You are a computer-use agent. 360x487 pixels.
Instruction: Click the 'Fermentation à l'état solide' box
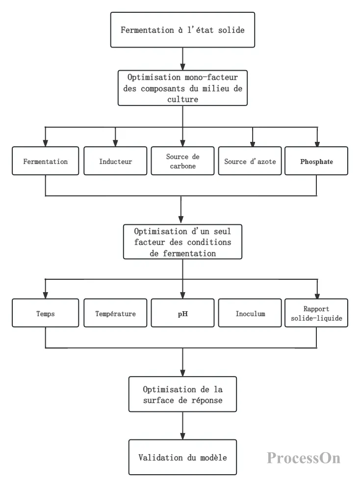pos(182,30)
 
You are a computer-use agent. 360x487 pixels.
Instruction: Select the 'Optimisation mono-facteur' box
pos(182,88)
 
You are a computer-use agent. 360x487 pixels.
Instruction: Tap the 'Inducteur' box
pos(115,161)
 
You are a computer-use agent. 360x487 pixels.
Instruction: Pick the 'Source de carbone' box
pos(182,161)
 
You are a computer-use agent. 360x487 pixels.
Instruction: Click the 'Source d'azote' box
pos(250,161)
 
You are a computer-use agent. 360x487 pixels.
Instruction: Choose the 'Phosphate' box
pos(316,161)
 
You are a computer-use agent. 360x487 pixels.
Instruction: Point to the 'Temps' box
pos(45,313)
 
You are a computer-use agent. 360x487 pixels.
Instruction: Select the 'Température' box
pos(115,313)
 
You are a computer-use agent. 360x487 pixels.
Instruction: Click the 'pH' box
pos(182,313)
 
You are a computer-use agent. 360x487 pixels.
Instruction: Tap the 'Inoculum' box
pos(250,313)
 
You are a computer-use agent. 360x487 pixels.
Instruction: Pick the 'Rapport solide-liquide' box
pos(316,313)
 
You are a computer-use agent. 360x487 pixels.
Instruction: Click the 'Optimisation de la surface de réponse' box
pos(182,394)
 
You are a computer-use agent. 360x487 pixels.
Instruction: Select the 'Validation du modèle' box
pos(182,457)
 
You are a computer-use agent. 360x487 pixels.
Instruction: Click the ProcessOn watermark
pos(304,458)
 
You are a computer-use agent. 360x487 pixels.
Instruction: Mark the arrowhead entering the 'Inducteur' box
pos(115,143)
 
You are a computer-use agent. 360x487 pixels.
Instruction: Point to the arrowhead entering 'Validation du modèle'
pos(182,436)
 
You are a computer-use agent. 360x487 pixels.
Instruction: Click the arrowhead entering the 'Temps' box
pos(45,296)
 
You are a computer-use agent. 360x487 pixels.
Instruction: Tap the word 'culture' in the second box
pos(183,99)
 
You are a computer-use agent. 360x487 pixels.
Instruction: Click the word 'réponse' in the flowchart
pos(207,400)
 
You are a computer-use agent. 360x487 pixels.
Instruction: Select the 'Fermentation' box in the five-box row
pos(45,161)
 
